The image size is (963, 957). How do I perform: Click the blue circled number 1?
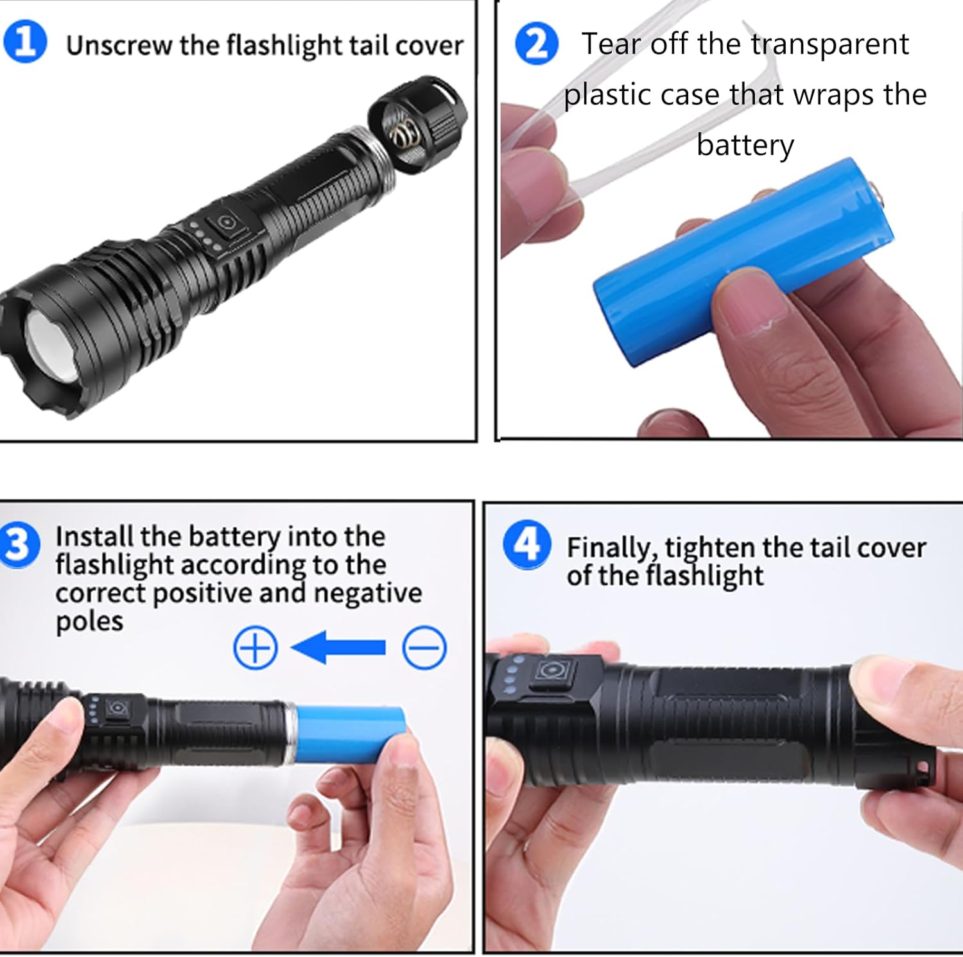25,42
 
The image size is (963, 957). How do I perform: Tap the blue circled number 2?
537,43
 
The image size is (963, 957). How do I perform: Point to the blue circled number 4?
527,544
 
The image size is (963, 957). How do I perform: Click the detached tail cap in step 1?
418,122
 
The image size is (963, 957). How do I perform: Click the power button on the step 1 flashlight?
226,223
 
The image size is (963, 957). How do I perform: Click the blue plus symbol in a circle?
256,648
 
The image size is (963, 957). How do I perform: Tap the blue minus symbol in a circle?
424,648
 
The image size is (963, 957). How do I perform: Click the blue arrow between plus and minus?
338,647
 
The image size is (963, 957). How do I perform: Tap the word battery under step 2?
745,146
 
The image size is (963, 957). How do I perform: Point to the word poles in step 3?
89,622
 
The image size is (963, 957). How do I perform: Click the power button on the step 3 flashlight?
117,709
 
